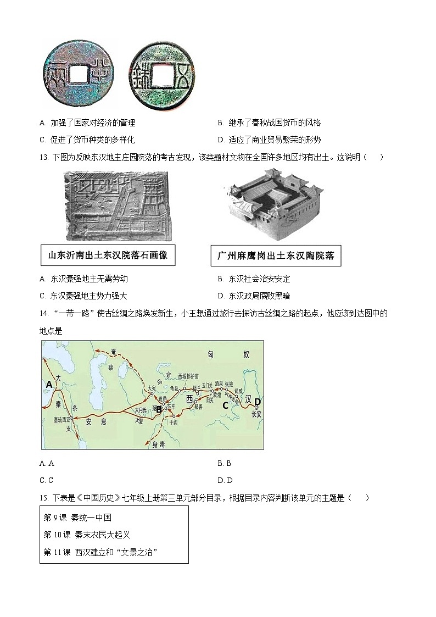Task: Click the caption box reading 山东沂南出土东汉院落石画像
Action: pos(108,255)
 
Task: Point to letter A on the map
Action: pos(49,385)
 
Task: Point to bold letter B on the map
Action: pos(158,409)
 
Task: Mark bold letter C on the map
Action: pos(225,405)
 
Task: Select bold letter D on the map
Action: pos(258,401)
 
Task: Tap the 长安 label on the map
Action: pos(256,414)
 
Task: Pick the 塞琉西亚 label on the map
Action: pos(62,419)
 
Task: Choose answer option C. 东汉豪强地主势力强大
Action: pos(83,296)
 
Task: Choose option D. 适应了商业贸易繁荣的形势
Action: pos(269,140)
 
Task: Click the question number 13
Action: pos(43,157)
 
